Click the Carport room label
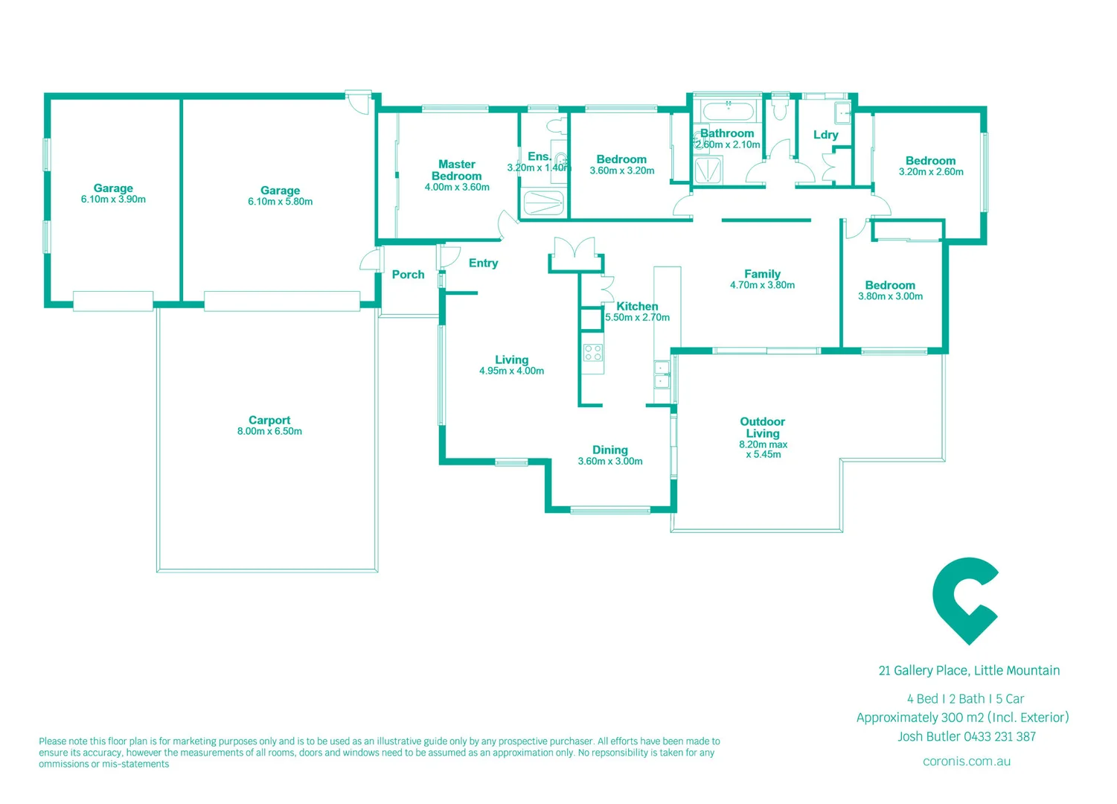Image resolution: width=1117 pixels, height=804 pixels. tap(269, 420)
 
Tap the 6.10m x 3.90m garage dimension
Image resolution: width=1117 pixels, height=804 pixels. tap(113, 200)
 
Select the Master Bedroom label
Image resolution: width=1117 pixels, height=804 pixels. tap(456, 170)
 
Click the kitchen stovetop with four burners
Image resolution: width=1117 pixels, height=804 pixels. tap(593, 352)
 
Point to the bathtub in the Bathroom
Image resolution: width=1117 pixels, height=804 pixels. tap(728, 112)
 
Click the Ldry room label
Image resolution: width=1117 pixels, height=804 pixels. tap(825, 135)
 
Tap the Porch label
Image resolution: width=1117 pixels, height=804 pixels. tap(408, 275)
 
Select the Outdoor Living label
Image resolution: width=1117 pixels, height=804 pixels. tap(762, 427)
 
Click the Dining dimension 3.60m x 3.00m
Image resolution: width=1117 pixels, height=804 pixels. tap(609, 462)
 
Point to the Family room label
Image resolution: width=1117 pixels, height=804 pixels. tap(762, 274)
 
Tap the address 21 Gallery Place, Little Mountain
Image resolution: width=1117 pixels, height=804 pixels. tap(969, 671)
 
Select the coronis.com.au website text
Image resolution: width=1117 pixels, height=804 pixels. tap(966, 762)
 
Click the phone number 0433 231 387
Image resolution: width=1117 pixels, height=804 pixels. tap(999, 737)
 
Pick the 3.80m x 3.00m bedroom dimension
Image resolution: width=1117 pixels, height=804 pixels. tap(890, 296)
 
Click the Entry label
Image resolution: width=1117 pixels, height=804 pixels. tap(483, 263)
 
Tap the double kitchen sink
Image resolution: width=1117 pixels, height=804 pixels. tap(662, 374)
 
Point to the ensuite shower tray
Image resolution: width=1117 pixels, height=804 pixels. tap(543, 202)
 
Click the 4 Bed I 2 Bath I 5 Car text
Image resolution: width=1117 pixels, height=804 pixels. tap(965, 699)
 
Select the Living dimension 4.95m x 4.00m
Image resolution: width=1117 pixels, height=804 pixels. tap(511, 371)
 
